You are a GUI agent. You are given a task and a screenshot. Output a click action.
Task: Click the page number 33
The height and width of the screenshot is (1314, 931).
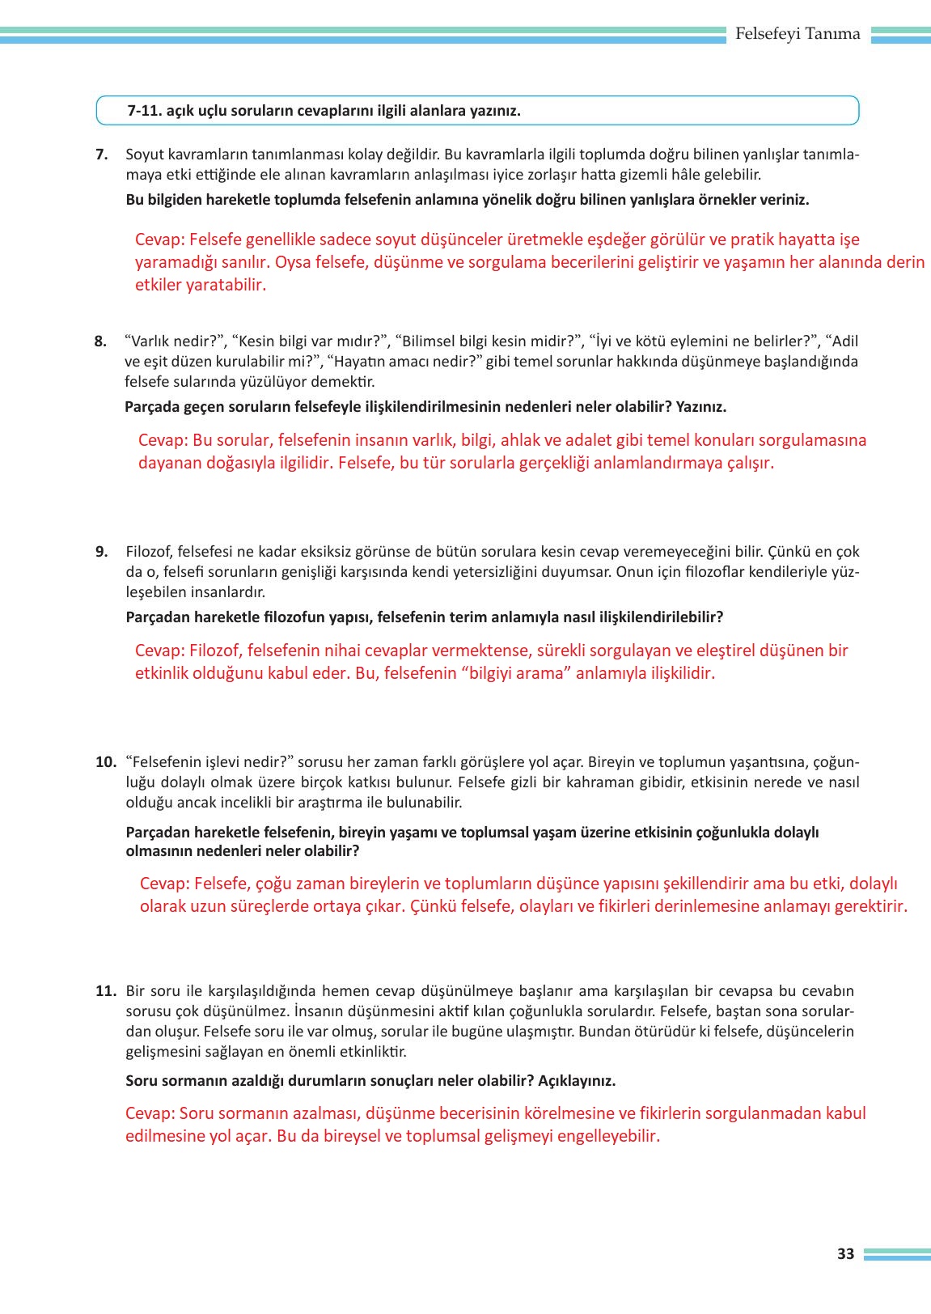click(x=845, y=1253)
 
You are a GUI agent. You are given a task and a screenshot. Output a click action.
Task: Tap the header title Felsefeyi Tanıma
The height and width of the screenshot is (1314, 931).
click(x=798, y=34)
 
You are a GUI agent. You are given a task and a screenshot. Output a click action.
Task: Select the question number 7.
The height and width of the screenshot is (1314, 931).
click(x=101, y=155)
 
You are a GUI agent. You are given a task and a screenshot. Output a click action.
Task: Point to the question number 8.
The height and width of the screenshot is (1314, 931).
click(x=100, y=341)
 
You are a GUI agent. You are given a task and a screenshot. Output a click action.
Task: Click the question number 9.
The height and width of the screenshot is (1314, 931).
click(x=101, y=552)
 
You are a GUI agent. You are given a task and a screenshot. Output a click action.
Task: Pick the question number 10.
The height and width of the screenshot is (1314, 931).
click(x=106, y=762)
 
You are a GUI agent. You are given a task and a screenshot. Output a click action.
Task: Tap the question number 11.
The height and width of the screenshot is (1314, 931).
click(x=106, y=991)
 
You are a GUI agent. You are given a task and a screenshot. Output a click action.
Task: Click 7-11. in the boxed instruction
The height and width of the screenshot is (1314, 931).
click(x=145, y=111)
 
